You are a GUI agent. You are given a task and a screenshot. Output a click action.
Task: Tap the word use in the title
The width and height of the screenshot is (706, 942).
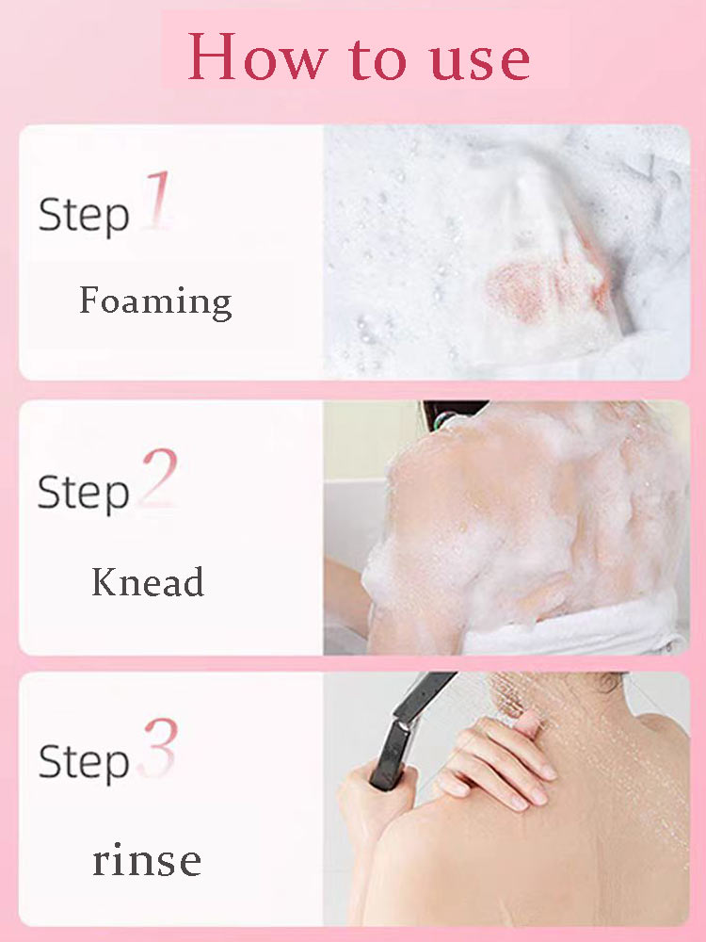pos(480,61)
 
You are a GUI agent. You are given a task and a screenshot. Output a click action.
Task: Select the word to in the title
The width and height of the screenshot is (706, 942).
pos(377,58)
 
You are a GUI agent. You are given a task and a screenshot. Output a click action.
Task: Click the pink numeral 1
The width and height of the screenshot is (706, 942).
pos(156,200)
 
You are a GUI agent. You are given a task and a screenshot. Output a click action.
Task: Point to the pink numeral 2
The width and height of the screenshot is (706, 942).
pos(158,477)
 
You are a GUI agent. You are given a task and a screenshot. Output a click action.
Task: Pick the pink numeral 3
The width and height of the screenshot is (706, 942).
pos(158,747)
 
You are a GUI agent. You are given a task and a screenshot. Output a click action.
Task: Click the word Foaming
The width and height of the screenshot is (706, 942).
pos(155,301)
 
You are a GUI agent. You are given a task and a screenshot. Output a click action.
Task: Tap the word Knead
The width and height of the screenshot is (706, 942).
pos(148,582)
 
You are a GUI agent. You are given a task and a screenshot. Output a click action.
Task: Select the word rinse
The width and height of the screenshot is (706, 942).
pos(147,859)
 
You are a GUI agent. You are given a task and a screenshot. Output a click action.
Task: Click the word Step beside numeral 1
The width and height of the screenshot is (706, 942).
pos(84,216)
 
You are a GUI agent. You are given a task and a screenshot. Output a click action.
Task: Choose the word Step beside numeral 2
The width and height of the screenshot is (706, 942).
pos(83,493)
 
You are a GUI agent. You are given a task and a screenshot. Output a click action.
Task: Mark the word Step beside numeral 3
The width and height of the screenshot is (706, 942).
pos(84,762)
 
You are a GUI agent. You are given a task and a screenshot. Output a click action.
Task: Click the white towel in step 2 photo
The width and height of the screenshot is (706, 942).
pos(576,631)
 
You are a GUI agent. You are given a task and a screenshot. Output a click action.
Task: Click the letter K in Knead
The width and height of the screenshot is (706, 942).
pos(105,581)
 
